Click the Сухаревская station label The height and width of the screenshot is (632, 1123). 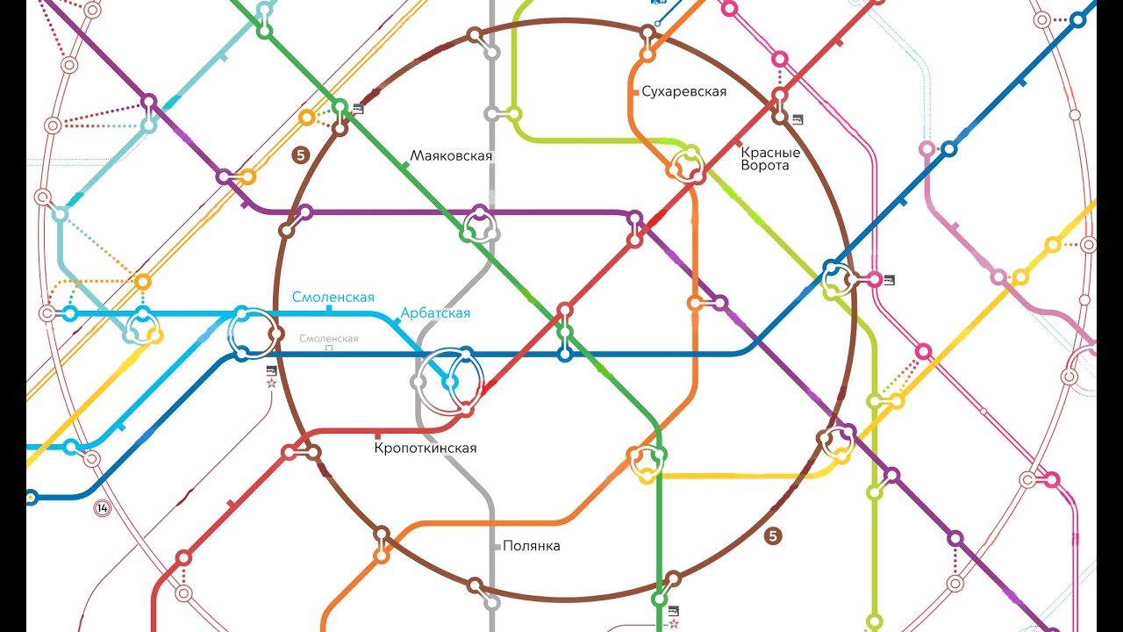(x=683, y=91)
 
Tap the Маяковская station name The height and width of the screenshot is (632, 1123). (x=451, y=156)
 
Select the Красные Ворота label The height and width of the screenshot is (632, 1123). (x=770, y=159)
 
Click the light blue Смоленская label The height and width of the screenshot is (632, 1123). (x=333, y=298)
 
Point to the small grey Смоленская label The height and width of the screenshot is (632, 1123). (x=328, y=339)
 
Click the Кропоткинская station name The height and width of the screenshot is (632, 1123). (x=426, y=449)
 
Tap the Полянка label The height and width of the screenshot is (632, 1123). (x=531, y=546)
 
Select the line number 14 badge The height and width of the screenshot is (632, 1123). (x=103, y=508)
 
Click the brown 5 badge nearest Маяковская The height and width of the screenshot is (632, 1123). (x=301, y=155)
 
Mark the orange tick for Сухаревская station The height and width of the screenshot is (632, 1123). (x=633, y=90)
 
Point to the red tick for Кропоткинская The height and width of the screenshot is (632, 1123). (x=378, y=434)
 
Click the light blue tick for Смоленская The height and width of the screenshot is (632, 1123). (x=329, y=309)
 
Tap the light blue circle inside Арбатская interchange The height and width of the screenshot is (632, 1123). (x=451, y=383)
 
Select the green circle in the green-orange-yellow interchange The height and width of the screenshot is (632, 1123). (x=659, y=455)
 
